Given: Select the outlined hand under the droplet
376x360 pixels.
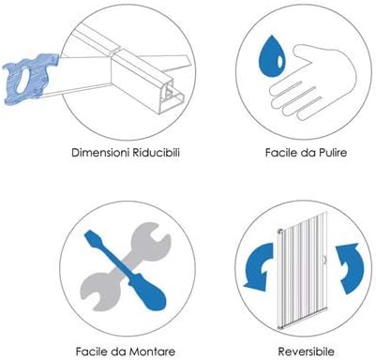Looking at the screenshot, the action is [x=312, y=82].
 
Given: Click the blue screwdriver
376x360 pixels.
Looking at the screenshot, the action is [x=126, y=270].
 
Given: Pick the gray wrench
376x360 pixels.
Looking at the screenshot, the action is [x=126, y=266].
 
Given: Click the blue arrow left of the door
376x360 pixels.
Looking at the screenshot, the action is [x=259, y=266].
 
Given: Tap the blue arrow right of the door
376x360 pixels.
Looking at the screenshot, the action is [x=350, y=268].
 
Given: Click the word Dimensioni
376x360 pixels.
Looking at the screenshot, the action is [x=100, y=153].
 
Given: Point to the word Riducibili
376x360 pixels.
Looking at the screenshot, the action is [x=157, y=153].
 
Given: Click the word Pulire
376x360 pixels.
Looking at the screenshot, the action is [x=333, y=153].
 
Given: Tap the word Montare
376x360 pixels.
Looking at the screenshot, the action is [x=152, y=352].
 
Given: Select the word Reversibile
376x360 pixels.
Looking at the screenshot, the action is [x=307, y=352].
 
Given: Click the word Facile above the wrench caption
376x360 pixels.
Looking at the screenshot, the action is [x=92, y=352].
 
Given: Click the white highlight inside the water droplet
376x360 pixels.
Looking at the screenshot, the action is [x=280, y=62].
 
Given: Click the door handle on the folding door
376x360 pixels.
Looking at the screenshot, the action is [x=325, y=260].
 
